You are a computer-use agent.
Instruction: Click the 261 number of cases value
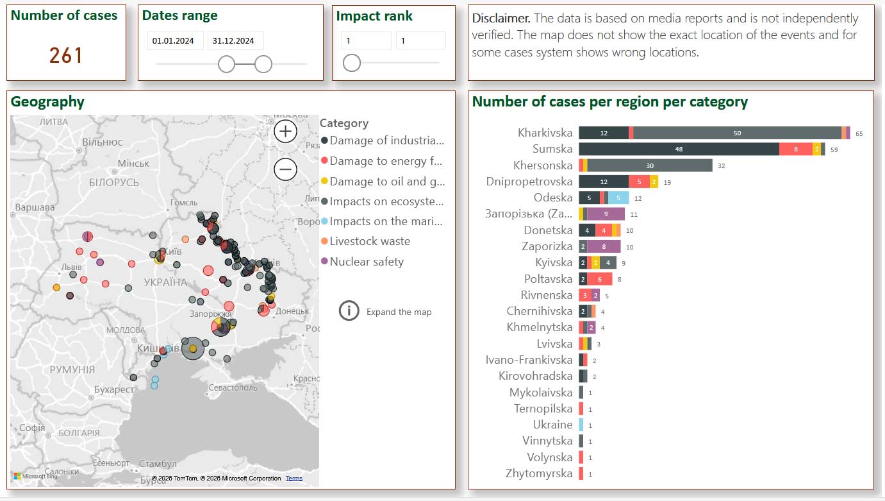(66, 56)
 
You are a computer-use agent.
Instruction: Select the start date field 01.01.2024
(175, 41)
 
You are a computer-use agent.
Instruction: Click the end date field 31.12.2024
(235, 41)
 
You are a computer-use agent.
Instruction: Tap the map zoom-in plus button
(285, 132)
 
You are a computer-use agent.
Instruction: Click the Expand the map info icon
(349, 311)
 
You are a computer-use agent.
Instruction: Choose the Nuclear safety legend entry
(366, 262)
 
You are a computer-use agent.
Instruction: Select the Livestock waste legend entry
(369, 241)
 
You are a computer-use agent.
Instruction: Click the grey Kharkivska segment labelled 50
(737, 133)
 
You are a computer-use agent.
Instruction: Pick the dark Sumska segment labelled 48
(679, 149)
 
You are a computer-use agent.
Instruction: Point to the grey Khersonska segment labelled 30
(650, 166)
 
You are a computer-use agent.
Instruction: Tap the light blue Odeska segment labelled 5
(618, 198)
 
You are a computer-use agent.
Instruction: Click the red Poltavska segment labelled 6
(600, 279)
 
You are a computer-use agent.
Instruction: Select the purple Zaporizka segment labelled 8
(604, 246)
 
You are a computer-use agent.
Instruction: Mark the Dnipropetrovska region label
(529, 182)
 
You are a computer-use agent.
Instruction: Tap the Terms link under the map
(294, 479)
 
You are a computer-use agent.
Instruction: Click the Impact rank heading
(374, 16)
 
